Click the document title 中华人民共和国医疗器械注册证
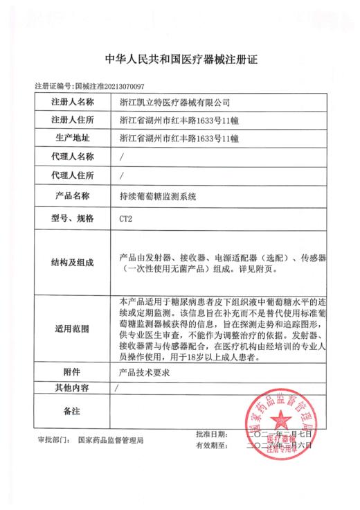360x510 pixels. coord(179,60)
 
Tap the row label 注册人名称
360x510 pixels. coord(72,103)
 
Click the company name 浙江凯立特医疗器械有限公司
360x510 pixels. coord(174,103)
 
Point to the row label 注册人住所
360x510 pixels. coord(72,121)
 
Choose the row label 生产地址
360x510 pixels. coord(72,139)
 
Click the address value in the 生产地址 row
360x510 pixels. coord(179,139)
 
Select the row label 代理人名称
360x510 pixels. coord(72,157)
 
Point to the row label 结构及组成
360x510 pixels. coord(72,263)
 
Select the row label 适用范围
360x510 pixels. coord(72,329)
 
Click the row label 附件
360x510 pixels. coord(72,372)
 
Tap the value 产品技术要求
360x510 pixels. coord(145,372)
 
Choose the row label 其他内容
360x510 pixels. coord(72,387)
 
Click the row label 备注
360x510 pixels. coord(72,412)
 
